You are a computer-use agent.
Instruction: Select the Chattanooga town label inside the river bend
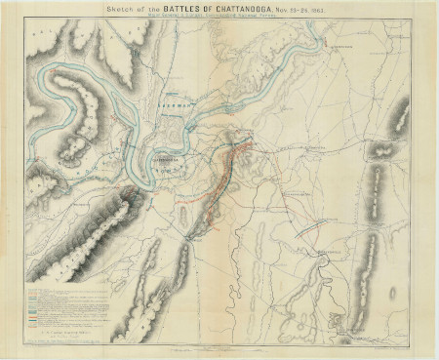click(x=166, y=156)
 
